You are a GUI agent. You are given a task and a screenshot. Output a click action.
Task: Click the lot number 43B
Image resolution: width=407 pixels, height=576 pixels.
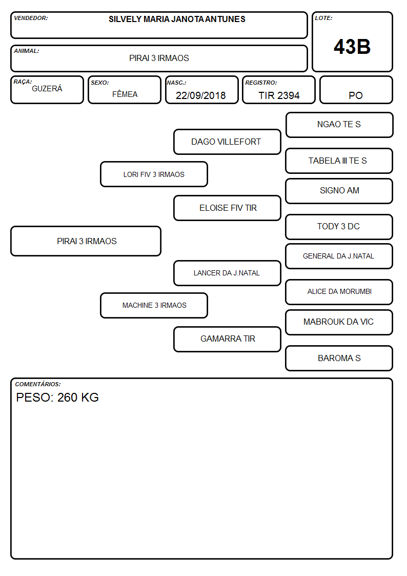(352, 47)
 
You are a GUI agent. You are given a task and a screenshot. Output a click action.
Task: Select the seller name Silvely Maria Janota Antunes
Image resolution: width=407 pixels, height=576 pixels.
(177, 19)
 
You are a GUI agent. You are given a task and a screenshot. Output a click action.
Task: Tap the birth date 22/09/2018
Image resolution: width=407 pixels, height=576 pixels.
(200, 95)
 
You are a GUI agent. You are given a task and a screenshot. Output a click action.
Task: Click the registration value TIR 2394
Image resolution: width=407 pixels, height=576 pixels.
(279, 95)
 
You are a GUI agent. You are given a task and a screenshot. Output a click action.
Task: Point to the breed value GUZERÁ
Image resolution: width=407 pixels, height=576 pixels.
(47, 88)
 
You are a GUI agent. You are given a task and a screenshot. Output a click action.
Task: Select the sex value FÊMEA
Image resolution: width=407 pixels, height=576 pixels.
(125, 94)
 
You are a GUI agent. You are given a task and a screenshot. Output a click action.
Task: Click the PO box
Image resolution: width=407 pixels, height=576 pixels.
(356, 90)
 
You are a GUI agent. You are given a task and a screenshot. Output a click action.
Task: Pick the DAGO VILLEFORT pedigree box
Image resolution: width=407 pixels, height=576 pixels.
(227, 142)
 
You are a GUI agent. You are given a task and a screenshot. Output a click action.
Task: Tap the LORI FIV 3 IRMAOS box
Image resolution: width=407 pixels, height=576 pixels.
(154, 174)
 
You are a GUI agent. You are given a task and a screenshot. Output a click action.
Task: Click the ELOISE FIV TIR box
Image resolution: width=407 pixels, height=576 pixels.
(227, 208)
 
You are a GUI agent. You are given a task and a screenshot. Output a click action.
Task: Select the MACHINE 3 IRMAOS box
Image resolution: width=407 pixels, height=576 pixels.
(154, 305)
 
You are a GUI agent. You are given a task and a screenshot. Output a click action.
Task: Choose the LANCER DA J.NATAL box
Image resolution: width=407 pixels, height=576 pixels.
(227, 273)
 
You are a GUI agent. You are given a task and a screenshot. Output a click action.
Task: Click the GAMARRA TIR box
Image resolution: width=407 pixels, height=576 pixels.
(227, 339)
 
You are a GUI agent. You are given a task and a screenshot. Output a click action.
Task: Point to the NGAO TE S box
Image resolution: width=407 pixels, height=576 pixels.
(339, 125)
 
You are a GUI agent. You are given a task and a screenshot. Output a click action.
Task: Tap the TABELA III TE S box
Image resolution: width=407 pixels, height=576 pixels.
(339, 161)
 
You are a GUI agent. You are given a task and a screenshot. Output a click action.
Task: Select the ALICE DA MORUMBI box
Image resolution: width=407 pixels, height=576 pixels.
(339, 292)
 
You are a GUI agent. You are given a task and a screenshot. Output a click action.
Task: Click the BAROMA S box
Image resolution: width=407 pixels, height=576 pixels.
(339, 358)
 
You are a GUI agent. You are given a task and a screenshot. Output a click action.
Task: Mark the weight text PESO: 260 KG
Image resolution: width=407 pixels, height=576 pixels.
(57, 397)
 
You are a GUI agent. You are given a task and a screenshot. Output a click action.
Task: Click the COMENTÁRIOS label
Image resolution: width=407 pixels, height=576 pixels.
(38, 384)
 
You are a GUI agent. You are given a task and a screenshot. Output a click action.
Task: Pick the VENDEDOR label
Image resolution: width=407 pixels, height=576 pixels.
(31, 18)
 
